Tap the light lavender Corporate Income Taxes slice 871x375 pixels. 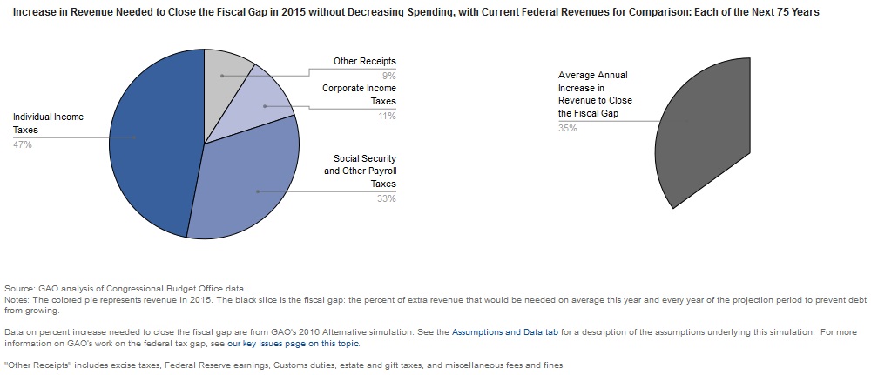pyautogui.click(x=261, y=109)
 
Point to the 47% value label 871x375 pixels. pyautogui.click(x=23, y=144)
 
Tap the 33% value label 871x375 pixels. pyautogui.click(x=387, y=198)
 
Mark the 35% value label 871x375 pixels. pyautogui.click(x=567, y=128)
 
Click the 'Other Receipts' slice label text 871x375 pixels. pyautogui.click(x=364, y=62)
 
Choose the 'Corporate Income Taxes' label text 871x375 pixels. pyautogui.click(x=359, y=95)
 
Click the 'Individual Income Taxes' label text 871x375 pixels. pyautogui.click(x=48, y=123)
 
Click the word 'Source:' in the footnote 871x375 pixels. pyautogui.click(x=18, y=289)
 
